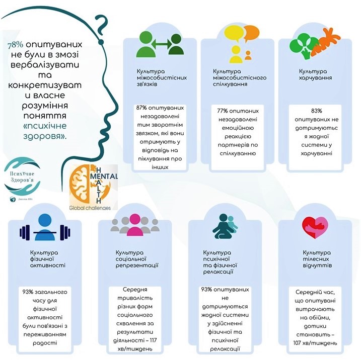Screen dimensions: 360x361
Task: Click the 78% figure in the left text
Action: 15,44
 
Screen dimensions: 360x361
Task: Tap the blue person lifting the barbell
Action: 43,226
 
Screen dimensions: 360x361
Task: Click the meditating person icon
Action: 222,226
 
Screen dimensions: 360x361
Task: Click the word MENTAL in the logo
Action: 106,176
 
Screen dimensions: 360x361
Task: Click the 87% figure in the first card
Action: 144,108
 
